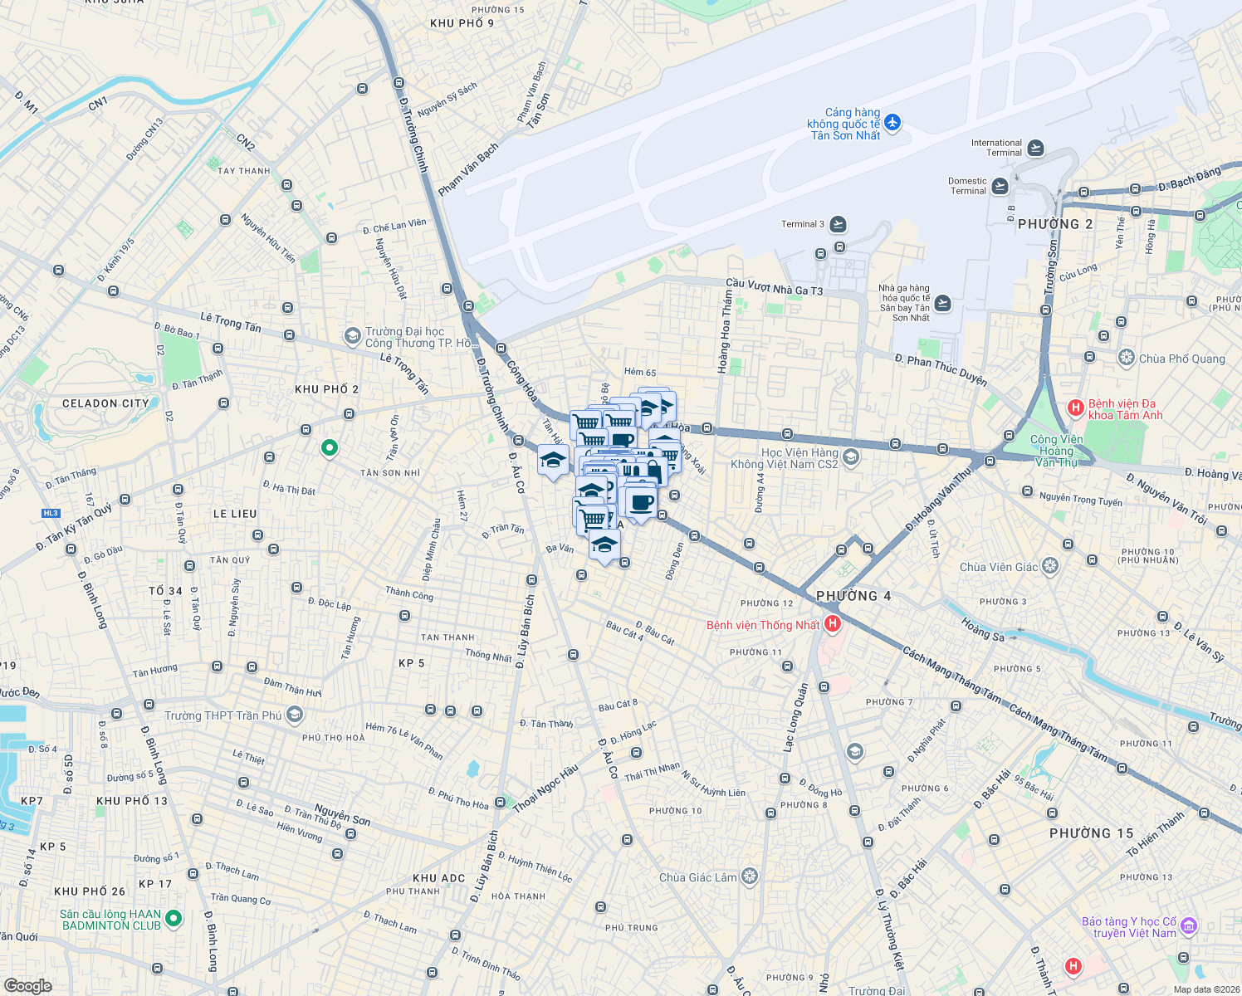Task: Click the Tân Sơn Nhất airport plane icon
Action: click(x=892, y=123)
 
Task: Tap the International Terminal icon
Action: click(x=1035, y=148)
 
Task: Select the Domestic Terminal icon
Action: click(x=1000, y=186)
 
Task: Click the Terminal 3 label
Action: click(x=803, y=224)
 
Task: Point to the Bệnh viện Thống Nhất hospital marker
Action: click(x=832, y=624)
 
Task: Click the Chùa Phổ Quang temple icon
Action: click(x=1126, y=359)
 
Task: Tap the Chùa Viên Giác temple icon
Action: click(x=1050, y=567)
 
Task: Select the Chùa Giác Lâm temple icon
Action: click(x=750, y=877)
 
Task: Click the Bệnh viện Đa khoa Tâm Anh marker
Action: click(x=1075, y=408)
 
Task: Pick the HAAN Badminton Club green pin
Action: click(x=174, y=918)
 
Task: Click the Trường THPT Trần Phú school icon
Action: click(x=294, y=715)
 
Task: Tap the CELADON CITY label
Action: click(x=105, y=403)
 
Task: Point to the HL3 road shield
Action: click(x=51, y=513)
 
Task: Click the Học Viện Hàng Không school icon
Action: click(x=850, y=457)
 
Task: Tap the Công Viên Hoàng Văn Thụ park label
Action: click(x=1056, y=451)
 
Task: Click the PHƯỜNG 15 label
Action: click(x=1091, y=833)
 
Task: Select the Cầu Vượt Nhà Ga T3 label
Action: click(x=774, y=287)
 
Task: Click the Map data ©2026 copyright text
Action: click(x=1205, y=989)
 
